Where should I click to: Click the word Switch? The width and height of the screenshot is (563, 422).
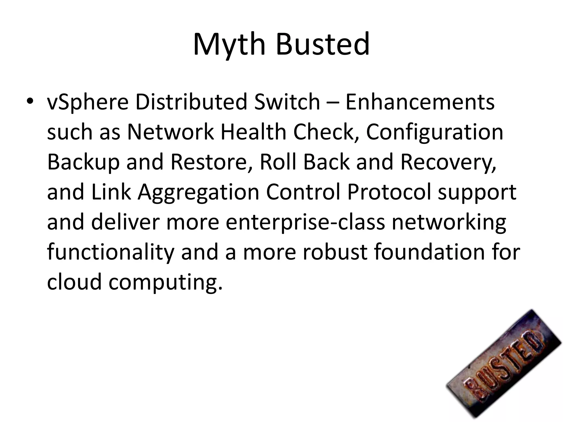point(287,102)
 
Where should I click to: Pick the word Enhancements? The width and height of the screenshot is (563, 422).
point(420,102)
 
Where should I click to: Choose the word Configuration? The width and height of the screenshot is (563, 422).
point(435,132)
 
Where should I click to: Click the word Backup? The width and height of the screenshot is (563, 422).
point(83,162)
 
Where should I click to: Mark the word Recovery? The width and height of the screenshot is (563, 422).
point(448,162)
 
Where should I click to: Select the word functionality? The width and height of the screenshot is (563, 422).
point(111,252)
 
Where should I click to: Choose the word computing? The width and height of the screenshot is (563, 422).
point(165,282)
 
